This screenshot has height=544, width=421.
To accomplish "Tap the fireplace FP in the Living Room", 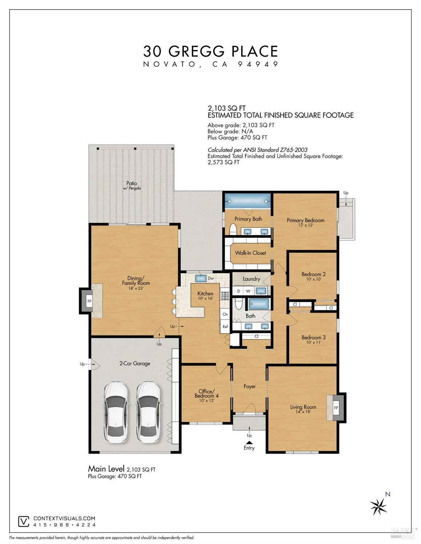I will click(x=336, y=408).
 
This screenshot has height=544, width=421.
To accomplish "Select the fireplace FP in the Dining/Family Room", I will click(x=89, y=301).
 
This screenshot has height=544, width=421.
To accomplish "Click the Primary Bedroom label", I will click(x=305, y=220).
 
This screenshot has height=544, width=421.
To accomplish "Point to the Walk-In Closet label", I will click(x=250, y=253).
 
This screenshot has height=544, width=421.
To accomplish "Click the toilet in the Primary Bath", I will click(x=233, y=230).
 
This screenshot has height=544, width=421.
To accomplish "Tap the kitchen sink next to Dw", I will click(x=201, y=278).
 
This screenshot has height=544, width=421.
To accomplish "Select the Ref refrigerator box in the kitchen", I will click(x=225, y=327).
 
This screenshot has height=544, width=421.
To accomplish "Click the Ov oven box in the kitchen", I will click(x=225, y=314).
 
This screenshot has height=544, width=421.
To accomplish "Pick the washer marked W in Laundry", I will click(x=248, y=291).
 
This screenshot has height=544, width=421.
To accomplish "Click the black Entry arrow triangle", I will click(x=249, y=442).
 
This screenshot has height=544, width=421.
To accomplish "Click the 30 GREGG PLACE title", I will click(x=211, y=51).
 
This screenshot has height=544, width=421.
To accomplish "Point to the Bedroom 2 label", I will click(x=313, y=274).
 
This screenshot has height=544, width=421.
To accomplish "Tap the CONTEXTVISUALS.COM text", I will click(x=64, y=519).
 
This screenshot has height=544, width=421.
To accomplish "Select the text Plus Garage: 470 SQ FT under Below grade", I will click(x=237, y=138).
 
